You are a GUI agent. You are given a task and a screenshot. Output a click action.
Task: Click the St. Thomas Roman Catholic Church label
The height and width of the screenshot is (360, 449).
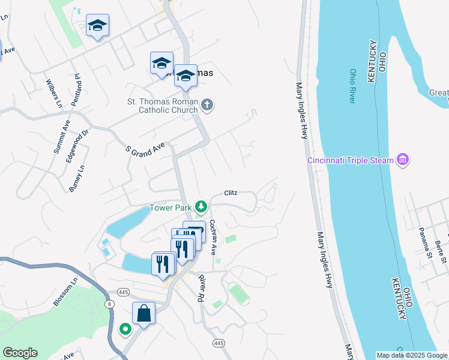(x=160, y=106)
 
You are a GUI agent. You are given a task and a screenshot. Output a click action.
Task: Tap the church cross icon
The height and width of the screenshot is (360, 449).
(x=207, y=106)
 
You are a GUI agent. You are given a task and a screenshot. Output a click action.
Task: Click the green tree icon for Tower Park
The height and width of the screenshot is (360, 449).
(x=201, y=208)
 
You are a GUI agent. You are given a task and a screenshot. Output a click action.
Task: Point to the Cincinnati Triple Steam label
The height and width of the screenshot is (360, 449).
(x=351, y=160)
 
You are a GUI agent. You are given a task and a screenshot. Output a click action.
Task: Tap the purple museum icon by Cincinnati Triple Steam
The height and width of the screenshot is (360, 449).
(x=403, y=160)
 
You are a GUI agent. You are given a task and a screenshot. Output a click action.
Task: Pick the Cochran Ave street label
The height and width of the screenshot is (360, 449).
(x=212, y=237)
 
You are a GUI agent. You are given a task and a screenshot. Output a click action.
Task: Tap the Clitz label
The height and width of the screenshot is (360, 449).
(x=231, y=193)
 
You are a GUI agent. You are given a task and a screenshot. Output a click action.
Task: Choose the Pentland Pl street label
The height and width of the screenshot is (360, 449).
(x=76, y=90)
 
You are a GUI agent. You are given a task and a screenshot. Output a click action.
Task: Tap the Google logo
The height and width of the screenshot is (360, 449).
(x=20, y=353)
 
